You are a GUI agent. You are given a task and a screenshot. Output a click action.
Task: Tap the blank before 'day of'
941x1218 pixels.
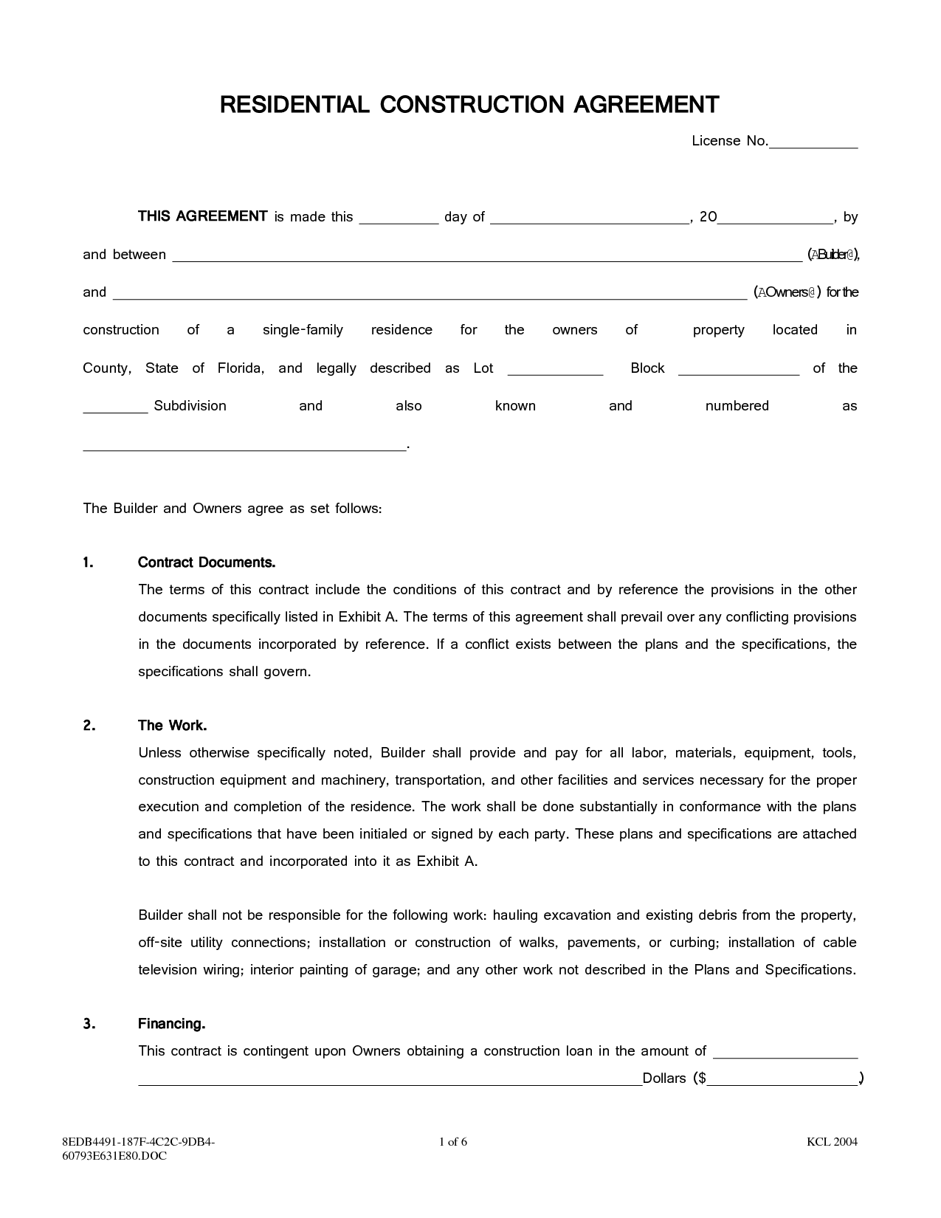click(399, 219)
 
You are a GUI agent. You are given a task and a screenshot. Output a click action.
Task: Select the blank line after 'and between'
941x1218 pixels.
click(487, 257)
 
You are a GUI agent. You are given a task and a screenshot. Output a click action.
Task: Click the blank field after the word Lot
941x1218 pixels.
click(556, 371)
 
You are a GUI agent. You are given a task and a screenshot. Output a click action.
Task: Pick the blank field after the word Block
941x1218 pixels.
click(738, 371)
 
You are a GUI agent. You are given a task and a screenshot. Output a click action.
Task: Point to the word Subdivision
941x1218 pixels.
click(190, 406)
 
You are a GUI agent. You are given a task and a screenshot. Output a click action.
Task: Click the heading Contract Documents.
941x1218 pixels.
click(207, 562)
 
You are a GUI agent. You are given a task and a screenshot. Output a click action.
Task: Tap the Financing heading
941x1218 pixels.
click(171, 1024)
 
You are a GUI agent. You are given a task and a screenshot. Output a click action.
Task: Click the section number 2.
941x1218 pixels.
click(89, 726)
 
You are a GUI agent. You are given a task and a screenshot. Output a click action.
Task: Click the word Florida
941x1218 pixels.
click(241, 368)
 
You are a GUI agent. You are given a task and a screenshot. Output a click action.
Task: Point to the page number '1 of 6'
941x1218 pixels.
click(453, 1142)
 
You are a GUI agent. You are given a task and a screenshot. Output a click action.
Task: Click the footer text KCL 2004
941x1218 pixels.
click(832, 1142)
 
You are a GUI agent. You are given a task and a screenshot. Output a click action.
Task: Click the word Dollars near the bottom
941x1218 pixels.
click(664, 1078)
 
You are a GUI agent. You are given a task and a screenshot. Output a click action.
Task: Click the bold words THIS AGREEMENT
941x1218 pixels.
click(202, 216)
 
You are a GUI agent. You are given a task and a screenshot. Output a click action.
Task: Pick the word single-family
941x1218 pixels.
click(303, 330)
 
